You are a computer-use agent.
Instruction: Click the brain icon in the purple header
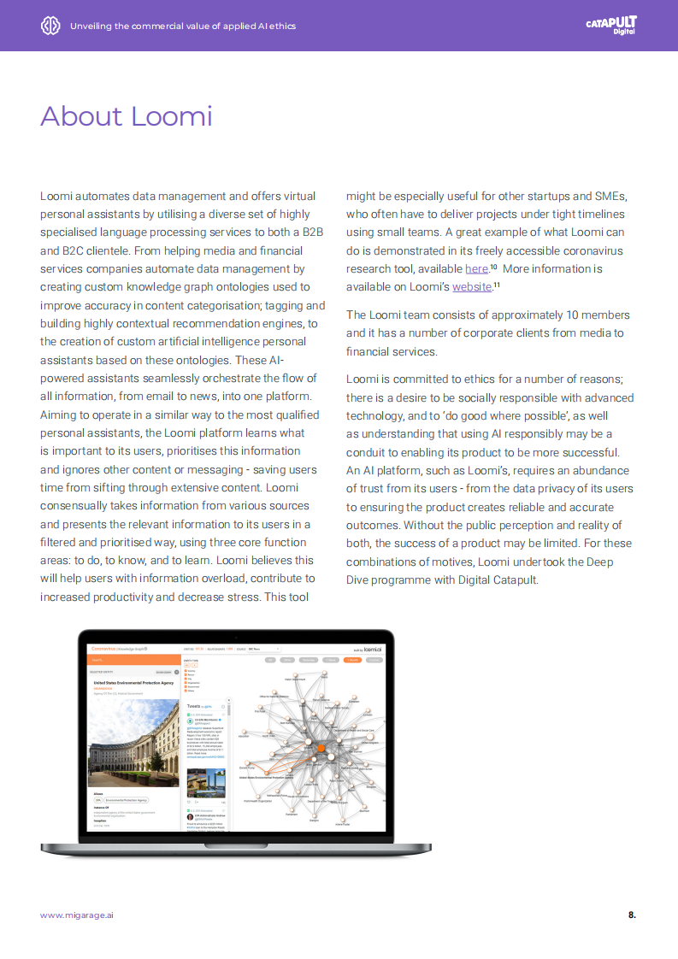[x=50, y=26]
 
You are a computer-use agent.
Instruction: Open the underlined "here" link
[x=476, y=268]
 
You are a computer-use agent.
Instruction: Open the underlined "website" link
[x=472, y=286]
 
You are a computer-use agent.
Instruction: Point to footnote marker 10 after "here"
[x=493, y=266]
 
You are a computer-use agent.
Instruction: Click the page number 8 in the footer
[x=631, y=915]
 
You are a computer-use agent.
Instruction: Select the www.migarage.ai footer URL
[x=77, y=915]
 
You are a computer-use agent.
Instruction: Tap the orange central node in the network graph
[x=321, y=748]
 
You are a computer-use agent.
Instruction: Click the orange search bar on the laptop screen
[x=133, y=660]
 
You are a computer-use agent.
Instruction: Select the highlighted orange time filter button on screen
[x=351, y=660]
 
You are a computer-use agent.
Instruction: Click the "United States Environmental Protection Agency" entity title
[x=133, y=683]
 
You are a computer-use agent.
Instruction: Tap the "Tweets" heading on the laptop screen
[x=194, y=706]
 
